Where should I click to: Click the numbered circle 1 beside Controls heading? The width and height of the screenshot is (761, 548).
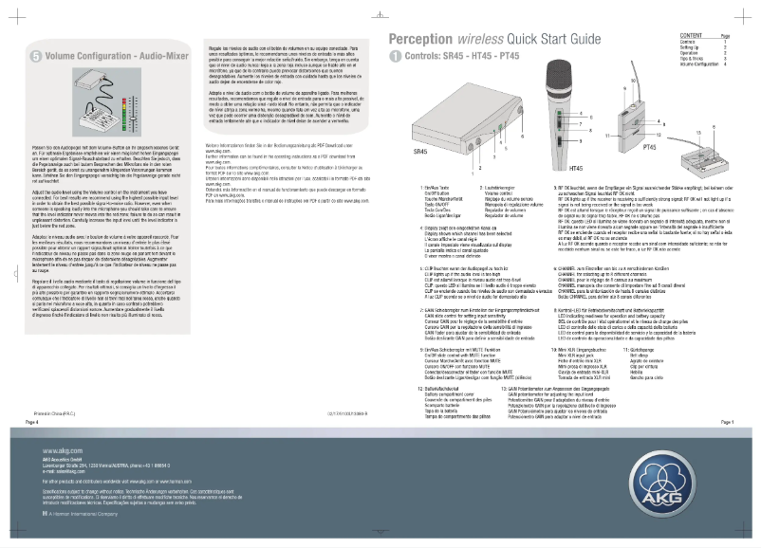coord(396,57)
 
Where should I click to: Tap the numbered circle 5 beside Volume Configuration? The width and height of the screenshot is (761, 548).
coord(34,57)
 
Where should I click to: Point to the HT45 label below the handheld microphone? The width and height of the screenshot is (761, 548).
coord(548,166)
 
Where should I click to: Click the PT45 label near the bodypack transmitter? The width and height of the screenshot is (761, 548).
coord(651,149)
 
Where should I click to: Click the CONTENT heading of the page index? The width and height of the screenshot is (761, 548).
coord(692,33)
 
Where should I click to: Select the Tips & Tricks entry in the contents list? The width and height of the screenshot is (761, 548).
coord(695,58)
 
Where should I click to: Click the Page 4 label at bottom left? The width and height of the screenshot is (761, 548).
coord(31,421)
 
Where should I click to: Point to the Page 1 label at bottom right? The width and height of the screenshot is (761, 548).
coord(728,421)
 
